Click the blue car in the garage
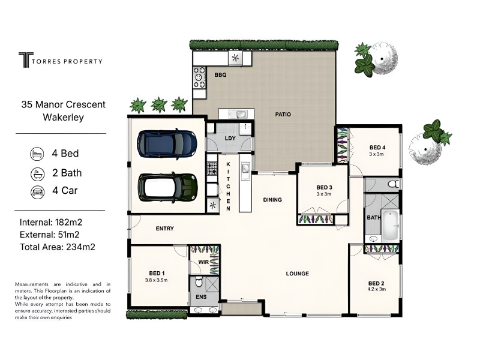167,144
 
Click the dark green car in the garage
168,187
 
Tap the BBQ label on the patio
220,75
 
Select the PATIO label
283,115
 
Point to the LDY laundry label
230,139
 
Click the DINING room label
272,200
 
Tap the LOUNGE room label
297,274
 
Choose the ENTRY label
164,229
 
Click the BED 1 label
157,274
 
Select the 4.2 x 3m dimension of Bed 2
376,289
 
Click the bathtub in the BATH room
389,224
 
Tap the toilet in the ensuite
199,282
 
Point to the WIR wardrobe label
203,262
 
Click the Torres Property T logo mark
26,60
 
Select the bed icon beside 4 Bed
37,154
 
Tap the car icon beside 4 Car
37,192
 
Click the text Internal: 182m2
51,222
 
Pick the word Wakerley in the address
64,118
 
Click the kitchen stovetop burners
212,168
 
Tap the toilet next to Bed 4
394,184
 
